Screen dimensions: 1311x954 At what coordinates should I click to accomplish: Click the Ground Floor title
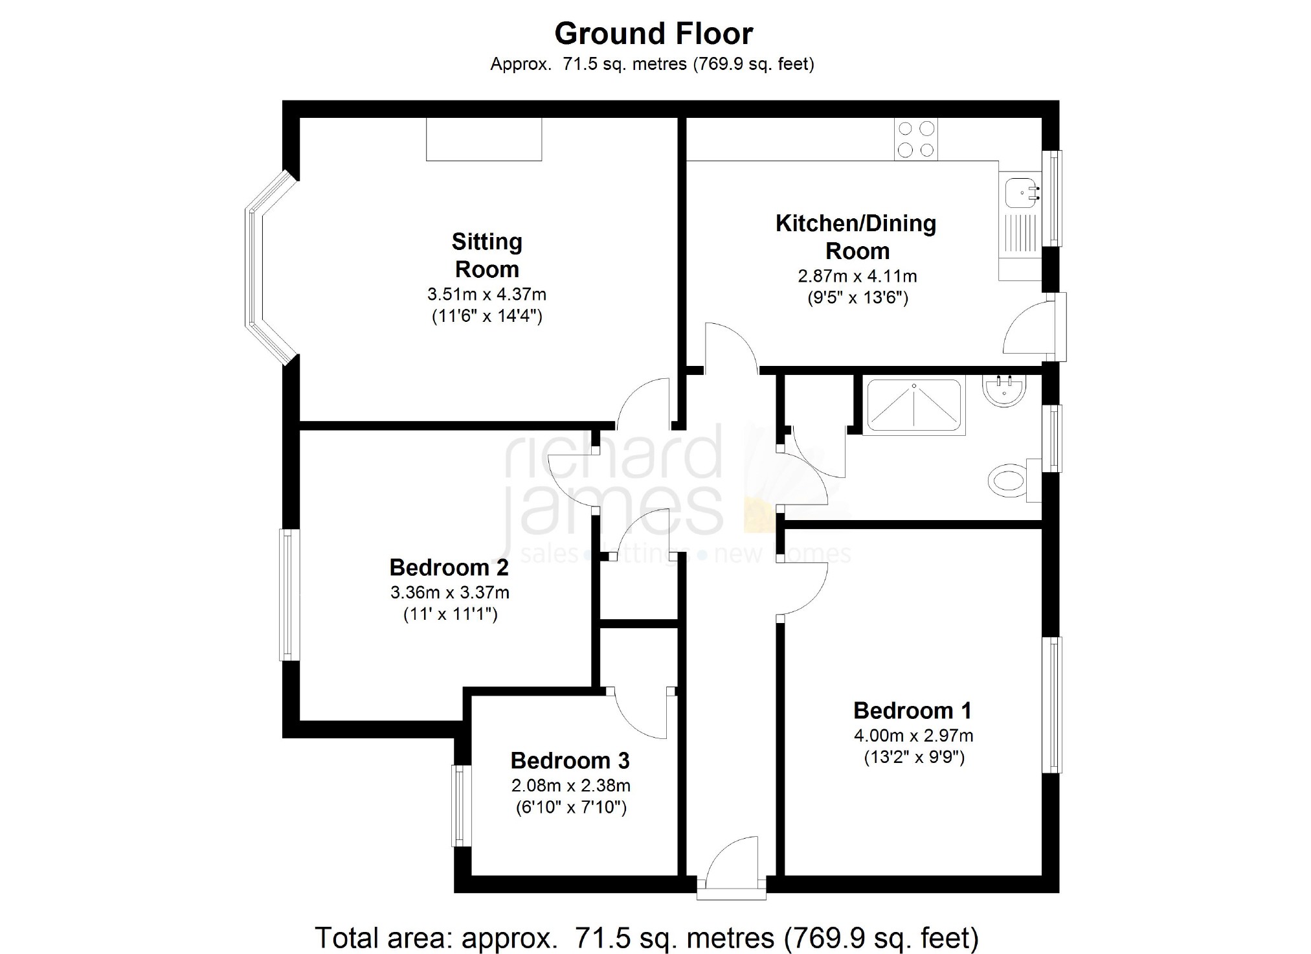pyautogui.click(x=654, y=34)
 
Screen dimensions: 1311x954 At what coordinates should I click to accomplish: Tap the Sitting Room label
pyautogui.click(x=487, y=255)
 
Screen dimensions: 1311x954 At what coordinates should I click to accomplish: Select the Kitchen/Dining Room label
pyautogui.click(x=856, y=237)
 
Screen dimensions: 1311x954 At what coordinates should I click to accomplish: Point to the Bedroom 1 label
pyautogui.click(x=912, y=710)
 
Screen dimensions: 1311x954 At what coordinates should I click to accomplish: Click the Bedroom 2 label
pyautogui.click(x=449, y=567)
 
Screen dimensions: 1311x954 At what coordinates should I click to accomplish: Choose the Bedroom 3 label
pyautogui.click(x=570, y=760)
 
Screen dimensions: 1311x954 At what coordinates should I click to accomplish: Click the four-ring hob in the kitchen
pyautogui.click(x=916, y=139)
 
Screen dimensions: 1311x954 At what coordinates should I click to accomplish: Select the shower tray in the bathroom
pyautogui.click(x=914, y=406)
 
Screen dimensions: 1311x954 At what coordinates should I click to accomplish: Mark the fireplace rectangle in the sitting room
pyautogui.click(x=484, y=139)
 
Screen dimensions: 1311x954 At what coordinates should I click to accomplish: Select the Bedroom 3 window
pyautogui.click(x=461, y=806)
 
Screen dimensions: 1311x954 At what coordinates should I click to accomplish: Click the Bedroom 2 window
pyautogui.click(x=289, y=595)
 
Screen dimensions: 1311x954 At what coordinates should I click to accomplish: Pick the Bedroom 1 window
pyautogui.click(x=1051, y=705)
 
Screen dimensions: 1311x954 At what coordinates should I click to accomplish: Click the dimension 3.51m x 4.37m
pyautogui.click(x=487, y=295)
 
